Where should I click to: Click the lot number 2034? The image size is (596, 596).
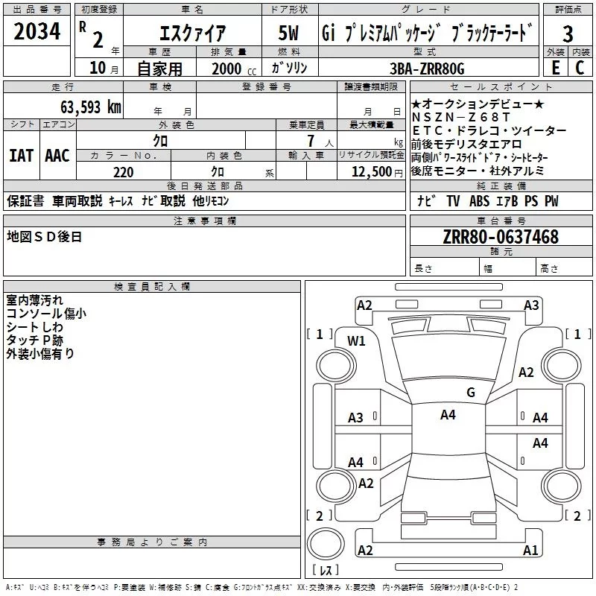(37, 32)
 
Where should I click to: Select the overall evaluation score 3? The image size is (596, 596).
(568, 34)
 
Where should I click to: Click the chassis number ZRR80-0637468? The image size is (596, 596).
(500, 237)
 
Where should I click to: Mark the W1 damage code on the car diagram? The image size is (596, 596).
(357, 341)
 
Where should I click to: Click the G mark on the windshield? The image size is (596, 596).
(470, 393)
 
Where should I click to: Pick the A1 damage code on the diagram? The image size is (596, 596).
(530, 551)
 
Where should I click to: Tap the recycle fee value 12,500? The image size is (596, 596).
(370, 172)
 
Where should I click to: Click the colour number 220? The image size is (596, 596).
(123, 172)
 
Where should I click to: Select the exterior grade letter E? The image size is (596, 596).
(555, 68)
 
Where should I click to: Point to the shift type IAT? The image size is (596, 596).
(21, 156)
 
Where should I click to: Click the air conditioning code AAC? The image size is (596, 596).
(57, 156)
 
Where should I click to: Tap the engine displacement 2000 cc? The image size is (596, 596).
(227, 69)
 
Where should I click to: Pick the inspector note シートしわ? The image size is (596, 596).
(35, 327)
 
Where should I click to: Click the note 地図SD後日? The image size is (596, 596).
(44, 237)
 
